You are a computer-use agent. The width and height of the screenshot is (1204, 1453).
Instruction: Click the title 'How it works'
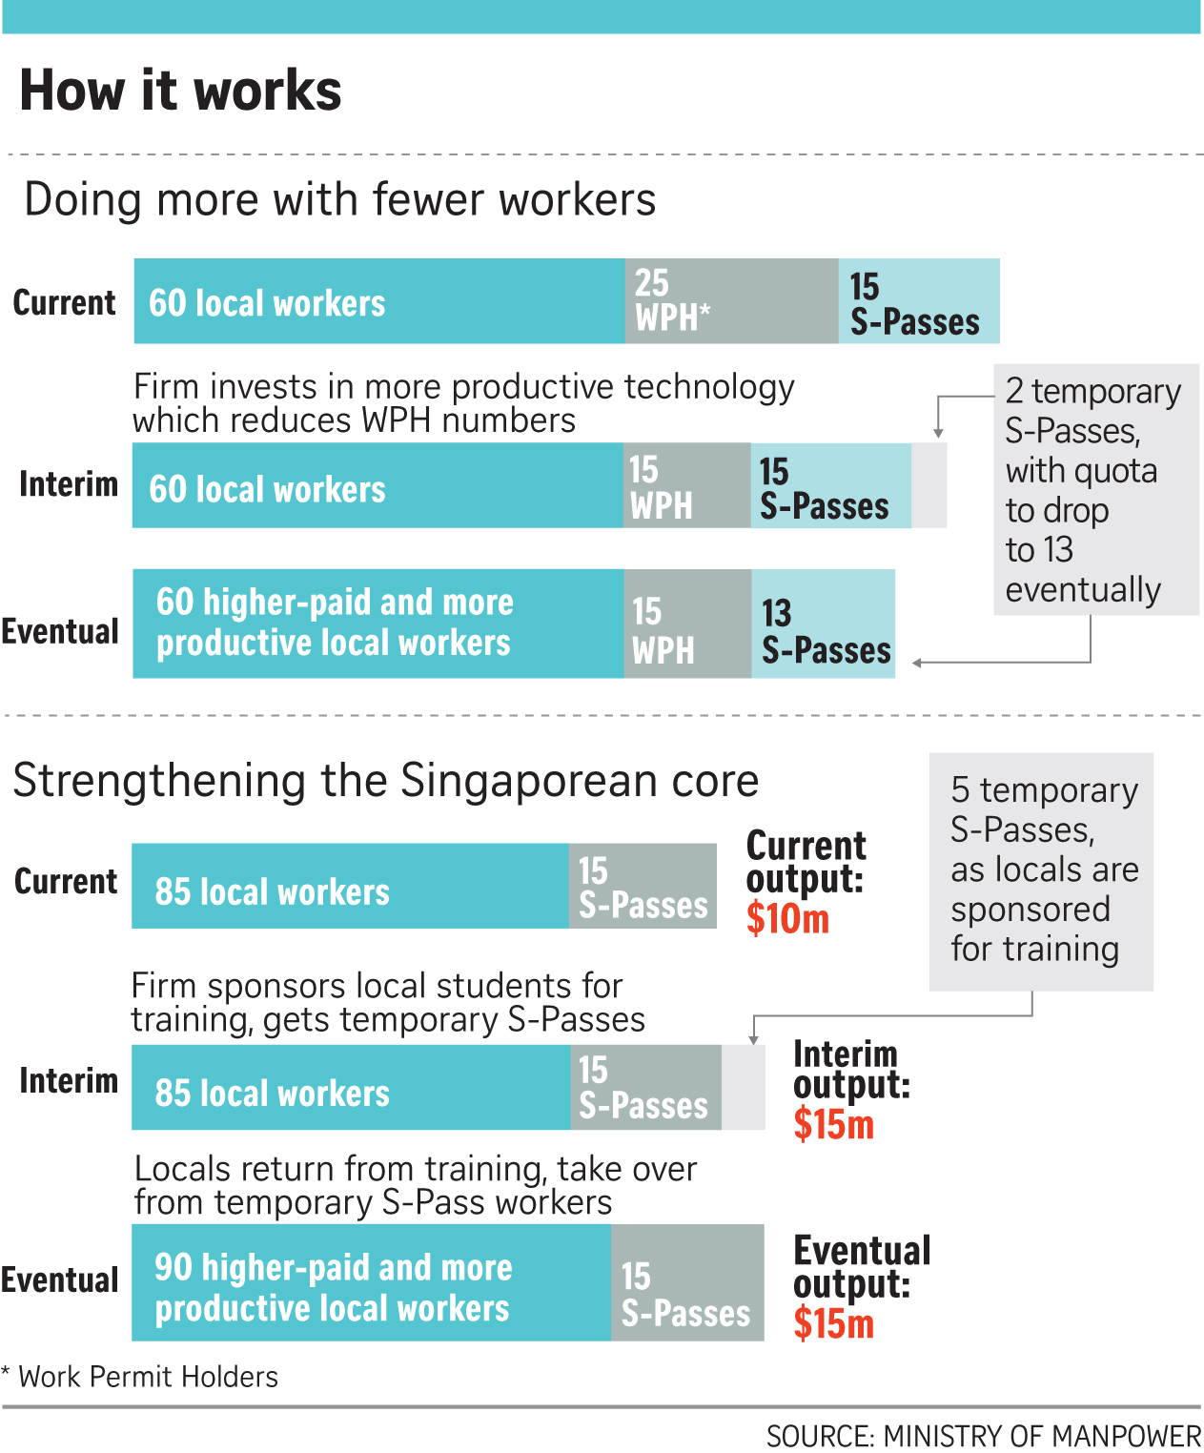(x=180, y=92)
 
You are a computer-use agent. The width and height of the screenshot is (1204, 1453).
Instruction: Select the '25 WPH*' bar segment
(x=730, y=301)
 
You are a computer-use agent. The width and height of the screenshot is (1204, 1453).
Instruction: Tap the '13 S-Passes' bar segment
(x=824, y=624)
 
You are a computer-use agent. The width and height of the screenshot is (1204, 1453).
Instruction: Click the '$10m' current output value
(x=787, y=919)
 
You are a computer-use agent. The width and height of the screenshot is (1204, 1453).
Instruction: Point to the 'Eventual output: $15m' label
(x=861, y=1286)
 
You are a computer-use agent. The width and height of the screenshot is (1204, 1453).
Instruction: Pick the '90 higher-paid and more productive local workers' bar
(x=371, y=1283)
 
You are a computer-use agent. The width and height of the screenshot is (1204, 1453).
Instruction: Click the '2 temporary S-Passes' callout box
(x=1095, y=489)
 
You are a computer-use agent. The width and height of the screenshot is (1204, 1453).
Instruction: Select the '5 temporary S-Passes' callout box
(x=1041, y=871)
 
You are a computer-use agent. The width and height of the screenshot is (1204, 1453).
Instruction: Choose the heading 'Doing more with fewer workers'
(x=339, y=200)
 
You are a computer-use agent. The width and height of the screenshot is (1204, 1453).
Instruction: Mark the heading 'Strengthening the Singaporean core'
(x=385, y=781)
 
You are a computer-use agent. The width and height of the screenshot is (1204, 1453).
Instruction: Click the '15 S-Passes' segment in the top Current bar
(x=918, y=301)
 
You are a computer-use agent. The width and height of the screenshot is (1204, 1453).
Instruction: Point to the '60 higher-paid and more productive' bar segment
(x=378, y=624)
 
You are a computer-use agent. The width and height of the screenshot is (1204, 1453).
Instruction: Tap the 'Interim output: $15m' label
(x=850, y=1090)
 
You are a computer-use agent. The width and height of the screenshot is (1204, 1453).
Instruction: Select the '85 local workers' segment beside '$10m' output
(x=350, y=887)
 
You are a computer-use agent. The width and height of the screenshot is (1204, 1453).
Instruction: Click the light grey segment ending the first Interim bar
(x=929, y=485)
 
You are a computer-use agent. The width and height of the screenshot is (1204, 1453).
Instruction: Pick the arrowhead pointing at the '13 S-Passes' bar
(x=917, y=663)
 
